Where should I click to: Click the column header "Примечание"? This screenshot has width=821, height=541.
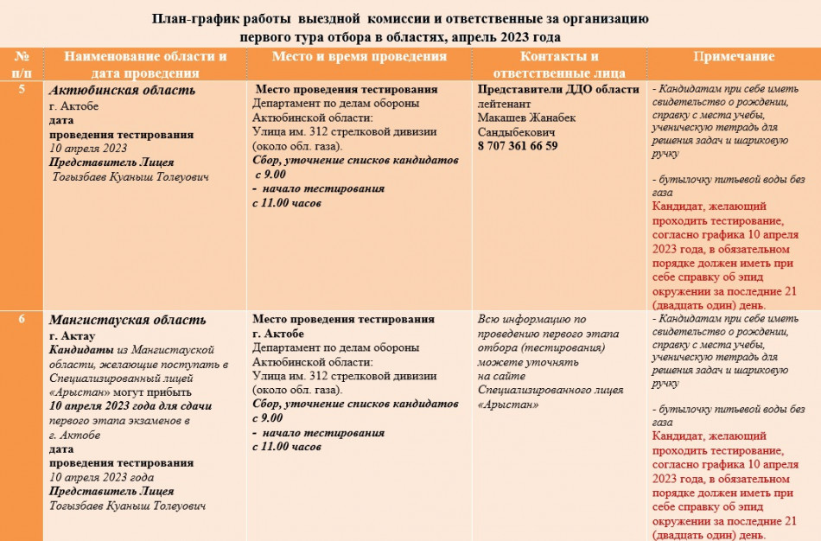click(735, 57)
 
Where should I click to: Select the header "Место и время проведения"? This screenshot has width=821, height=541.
click(359, 57)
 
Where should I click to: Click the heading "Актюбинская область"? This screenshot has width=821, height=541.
click(123, 91)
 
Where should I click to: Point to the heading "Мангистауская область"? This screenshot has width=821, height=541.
click(128, 321)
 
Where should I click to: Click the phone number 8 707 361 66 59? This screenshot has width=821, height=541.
click(518, 146)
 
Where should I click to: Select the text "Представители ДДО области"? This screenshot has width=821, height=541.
click(558, 90)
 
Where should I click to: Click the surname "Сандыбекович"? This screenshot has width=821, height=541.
click(516, 132)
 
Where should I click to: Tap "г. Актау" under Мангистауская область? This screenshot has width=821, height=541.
click(73, 335)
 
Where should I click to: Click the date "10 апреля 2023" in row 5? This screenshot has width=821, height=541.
click(88, 148)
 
